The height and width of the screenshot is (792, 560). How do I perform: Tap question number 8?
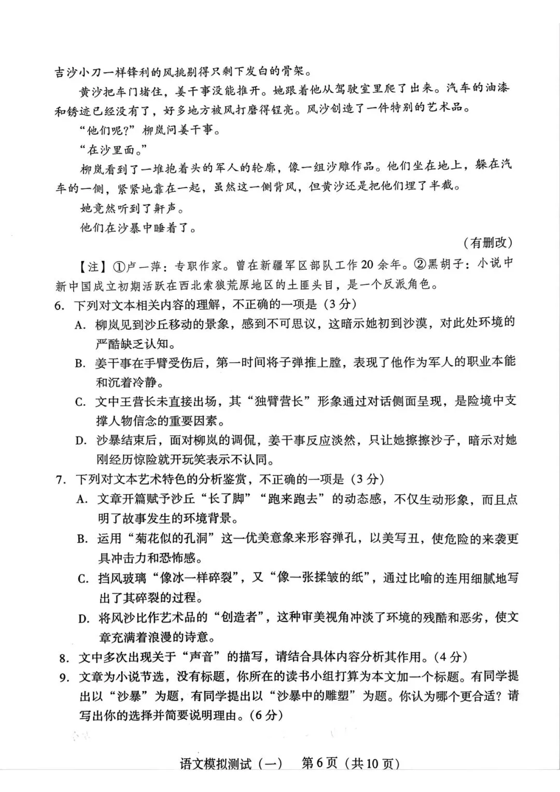pyautogui.click(x=64, y=658)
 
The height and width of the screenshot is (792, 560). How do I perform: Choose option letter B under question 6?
pyautogui.click(x=79, y=363)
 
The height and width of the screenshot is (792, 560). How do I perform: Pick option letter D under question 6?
pyautogui.click(x=80, y=441)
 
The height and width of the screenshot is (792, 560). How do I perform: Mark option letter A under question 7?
pyautogui.click(x=81, y=500)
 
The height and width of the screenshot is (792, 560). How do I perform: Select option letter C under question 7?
pyautogui.click(x=82, y=578)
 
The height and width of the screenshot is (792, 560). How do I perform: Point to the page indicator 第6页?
pyautogui.click(x=319, y=764)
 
